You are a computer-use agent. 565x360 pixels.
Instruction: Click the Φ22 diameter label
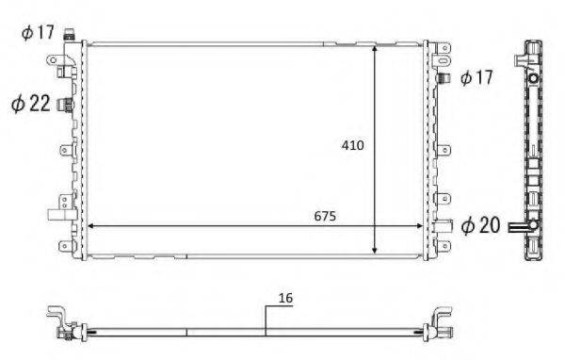click(x=30, y=104)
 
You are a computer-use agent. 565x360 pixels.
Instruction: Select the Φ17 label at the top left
click(x=39, y=34)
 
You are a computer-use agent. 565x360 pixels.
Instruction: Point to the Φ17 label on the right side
click(x=476, y=78)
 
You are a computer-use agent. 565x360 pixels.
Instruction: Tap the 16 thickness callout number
click(x=285, y=298)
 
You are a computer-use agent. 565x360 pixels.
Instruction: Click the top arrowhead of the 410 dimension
click(x=377, y=49)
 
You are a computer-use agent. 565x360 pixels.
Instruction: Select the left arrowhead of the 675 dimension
click(x=90, y=226)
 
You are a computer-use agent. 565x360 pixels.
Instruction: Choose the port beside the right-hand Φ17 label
click(x=446, y=78)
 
